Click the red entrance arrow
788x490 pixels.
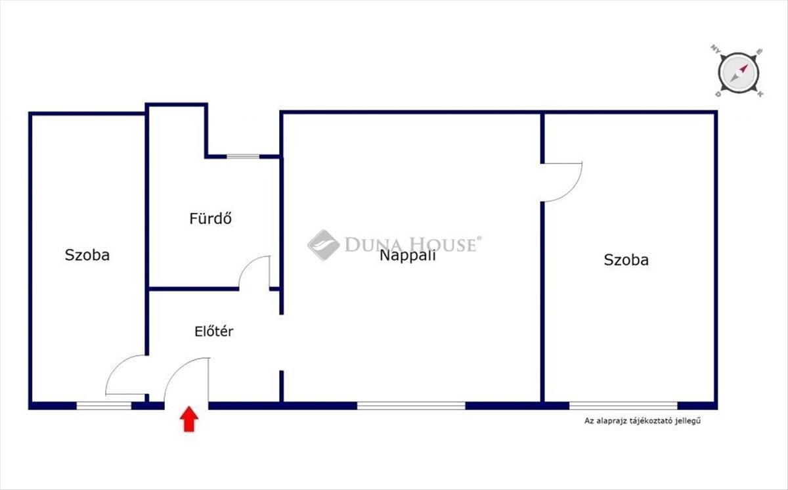pyautogui.click(x=189, y=419)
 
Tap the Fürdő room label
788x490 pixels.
pyautogui.click(x=210, y=218)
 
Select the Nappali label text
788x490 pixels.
pyautogui.click(x=407, y=256)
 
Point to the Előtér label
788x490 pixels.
pyautogui.click(x=213, y=332)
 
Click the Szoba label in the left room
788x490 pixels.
pyautogui.click(x=87, y=255)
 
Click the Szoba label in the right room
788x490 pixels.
pyautogui.click(x=626, y=259)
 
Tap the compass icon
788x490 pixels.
pyautogui.click(x=739, y=71)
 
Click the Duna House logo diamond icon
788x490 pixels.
pyautogui.click(x=323, y=245)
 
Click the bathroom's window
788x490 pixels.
pyautogui.click(x=243, y=156)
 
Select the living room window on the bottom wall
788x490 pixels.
pyautogui.click(x=411, y=405)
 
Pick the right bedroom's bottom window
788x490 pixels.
pyautogui.click(x=623, y=405)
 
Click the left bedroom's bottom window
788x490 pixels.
pyautogui.click(x=104, y=405)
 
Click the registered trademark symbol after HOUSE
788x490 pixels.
pyautogui.click(x=479, y=239)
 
